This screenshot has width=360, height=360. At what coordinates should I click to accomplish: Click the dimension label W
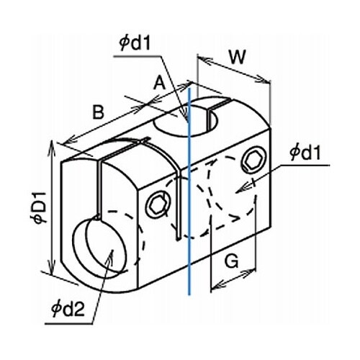click(x=238, y=57)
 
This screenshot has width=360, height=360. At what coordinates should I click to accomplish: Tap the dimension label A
click(x=160, y=83)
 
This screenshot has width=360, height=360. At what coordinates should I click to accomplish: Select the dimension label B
click(x=98, y=112)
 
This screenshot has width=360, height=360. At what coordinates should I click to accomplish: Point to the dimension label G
click(x=232, y=261)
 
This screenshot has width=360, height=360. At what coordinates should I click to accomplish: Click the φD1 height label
click(x=40, y=207)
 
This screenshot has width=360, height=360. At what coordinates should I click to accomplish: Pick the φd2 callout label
click(x=68, y=308)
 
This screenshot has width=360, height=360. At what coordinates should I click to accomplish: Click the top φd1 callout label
click(x=135, y=43)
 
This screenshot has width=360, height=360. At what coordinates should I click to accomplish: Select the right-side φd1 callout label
click(x=305, y=153)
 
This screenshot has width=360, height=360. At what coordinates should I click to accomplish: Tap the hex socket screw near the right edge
click(x=254, y=161)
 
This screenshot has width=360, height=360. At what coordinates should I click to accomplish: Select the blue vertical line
click(x=189, y=192)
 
